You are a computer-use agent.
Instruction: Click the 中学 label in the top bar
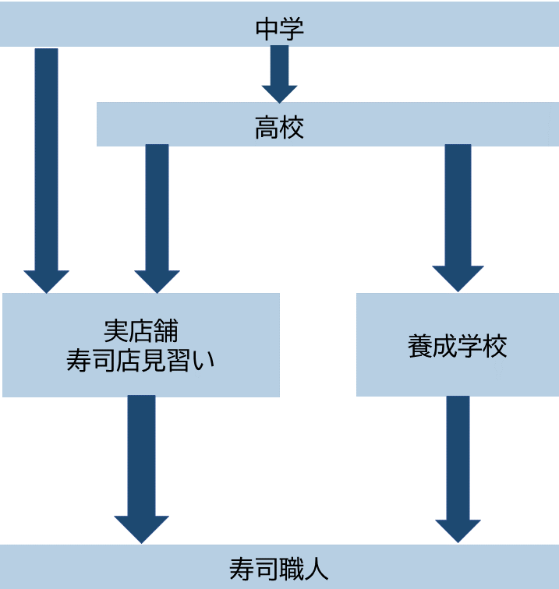[279, 29]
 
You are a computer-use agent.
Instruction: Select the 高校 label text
[279, 127]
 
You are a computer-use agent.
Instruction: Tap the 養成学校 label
[457, 345]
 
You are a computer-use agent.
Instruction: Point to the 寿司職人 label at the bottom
[279, 568]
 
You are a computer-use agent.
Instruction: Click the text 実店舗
[141, 330]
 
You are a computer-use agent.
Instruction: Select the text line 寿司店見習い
[140, 361]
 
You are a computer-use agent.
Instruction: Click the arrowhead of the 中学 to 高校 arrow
[279, 93]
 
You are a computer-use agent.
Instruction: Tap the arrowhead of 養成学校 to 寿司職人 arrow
[458, 531]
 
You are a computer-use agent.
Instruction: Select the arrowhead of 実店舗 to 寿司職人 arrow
[142, 529]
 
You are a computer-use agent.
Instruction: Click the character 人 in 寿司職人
[316, 568]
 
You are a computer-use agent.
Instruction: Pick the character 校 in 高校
[291, 127]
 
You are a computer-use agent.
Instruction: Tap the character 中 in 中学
[267, 29]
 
